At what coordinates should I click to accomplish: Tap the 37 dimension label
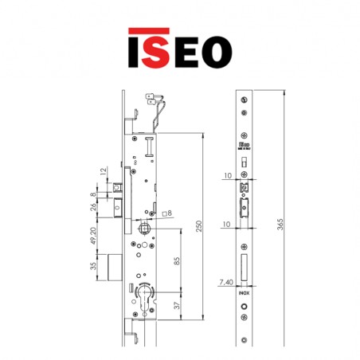tap(177, 306)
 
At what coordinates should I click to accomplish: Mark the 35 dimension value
tap(93, 265)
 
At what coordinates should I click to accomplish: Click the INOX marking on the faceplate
tap(243, 292)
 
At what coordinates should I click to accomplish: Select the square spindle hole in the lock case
tap(143, 230)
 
